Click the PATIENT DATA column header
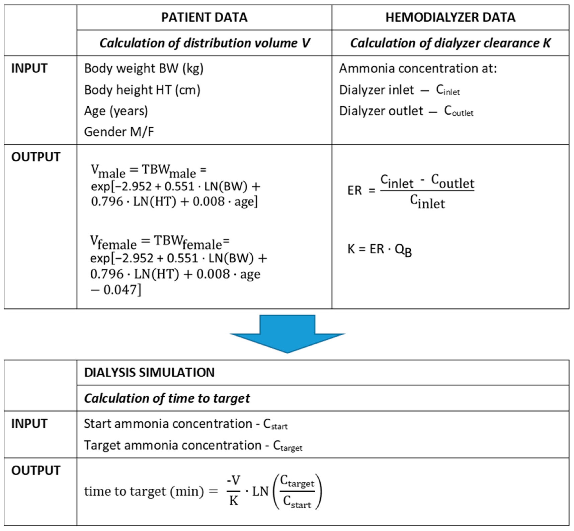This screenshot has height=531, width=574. pyautogui.click(x=204, y=17)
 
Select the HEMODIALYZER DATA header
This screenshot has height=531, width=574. pyautogui.click(x=450, y=17)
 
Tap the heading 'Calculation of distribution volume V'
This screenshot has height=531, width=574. pyautogui.click(x=204, y=43)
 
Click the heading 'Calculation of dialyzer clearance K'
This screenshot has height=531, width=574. pyautogui.click(x=450, y=43)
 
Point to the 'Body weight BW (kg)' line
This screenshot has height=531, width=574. pyautogui.click(x=144, y=69)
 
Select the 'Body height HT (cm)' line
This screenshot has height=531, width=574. pyautogui.click(x=142, y=90)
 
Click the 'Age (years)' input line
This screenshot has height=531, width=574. pyautogui.click(x=116, y=111)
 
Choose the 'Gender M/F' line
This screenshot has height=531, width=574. pyautogui.click(x=119, y=132)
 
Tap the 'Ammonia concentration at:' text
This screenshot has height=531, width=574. pyautogui.click(x=418, y=69)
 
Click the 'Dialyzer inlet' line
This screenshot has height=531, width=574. pyautogui.click(x=399, y=90)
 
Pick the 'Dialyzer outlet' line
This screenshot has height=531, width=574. pyautogui.click(x=406, y=111)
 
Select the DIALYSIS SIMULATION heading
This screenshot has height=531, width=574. pyautogui.click(x=149, y=373)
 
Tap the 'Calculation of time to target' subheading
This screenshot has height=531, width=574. pyautogui.click(x=167, y=398)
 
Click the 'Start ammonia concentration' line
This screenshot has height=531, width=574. pyautogui.click(x=185, y=424)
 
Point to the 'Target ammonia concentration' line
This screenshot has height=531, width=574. pyautogui.click(x=193, y=445)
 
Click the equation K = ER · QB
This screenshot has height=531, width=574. pyautogui.click(x=379, y=249)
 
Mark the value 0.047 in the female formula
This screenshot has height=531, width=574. pyautogui.click(x=119, y=290)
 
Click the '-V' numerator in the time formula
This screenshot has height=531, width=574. pyautogui.click(x=233, y=480)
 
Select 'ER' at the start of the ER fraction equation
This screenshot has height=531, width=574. pyautogui.click(x=354, y=190)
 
